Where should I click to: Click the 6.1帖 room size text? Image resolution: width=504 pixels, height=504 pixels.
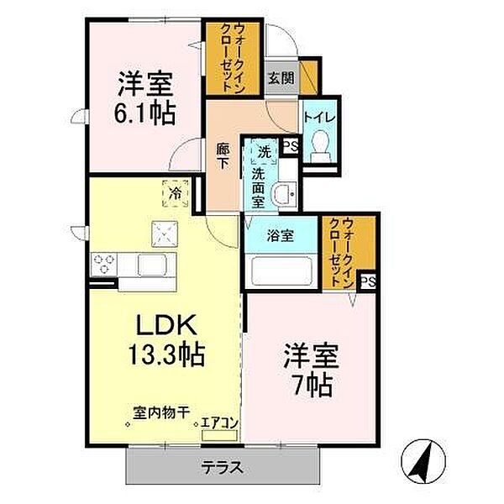click(145, 113)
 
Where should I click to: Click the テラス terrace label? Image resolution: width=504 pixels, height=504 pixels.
click(223, 467)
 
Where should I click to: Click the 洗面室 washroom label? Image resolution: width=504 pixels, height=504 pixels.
click(258, 188)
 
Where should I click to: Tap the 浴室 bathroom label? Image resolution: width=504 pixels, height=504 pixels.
click(281, 236)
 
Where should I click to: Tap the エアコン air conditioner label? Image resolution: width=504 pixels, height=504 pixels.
click(219, 424)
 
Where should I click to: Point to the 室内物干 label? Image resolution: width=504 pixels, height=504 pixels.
click(160, 412)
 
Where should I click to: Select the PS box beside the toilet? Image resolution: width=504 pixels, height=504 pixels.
click(291, 146)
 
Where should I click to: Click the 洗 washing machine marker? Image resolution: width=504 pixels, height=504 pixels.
click(264, 154)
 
